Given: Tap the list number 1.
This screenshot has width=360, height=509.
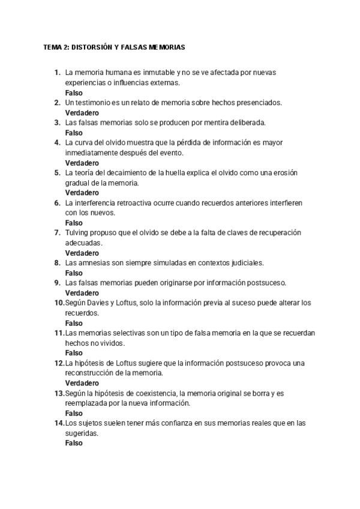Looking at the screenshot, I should click(x=57, y=73).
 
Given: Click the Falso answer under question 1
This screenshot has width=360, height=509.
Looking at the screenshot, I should click(x=74, y=93).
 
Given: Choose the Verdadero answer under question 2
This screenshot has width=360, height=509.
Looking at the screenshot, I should click(x=82, y=113).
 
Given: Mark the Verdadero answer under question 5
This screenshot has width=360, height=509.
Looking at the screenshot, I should click(x=82, y=193).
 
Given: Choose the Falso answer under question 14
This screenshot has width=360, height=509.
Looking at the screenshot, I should click(x=74, y=443).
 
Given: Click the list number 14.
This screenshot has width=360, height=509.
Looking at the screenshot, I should click(x=59, y=423).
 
